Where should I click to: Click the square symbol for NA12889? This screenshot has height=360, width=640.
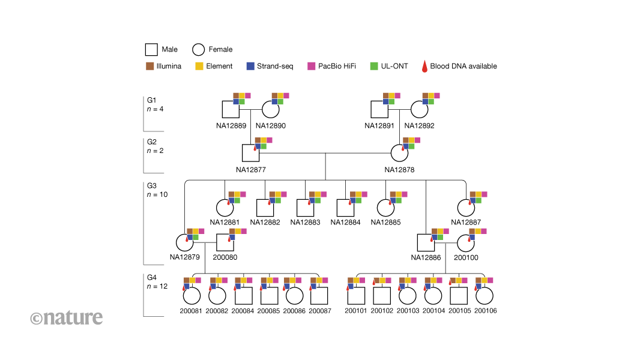coord(231,109)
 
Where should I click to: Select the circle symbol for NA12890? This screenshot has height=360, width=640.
coord(270,109)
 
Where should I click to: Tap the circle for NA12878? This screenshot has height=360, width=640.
coord(400,153)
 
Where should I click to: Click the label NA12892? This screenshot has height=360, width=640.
coord(419,126)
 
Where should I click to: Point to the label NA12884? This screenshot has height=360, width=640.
coord(345,222)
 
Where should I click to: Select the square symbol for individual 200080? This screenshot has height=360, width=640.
coord(225,242)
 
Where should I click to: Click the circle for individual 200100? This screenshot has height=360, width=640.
coord(466,242)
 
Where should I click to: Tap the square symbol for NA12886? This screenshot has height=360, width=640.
coord(426,242)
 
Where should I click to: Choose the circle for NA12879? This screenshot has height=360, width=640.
coord(184,242)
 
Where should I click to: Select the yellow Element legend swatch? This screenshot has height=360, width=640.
coord(199,66)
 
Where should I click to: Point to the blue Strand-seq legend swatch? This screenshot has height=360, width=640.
coord(250,66)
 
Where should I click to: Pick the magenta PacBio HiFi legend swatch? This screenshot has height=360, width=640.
coord(311,66)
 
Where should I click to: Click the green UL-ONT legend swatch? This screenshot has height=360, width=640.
coord(373,66)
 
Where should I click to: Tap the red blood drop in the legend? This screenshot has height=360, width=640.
coord(425,66)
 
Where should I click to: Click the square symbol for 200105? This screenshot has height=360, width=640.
coord(459,296)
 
